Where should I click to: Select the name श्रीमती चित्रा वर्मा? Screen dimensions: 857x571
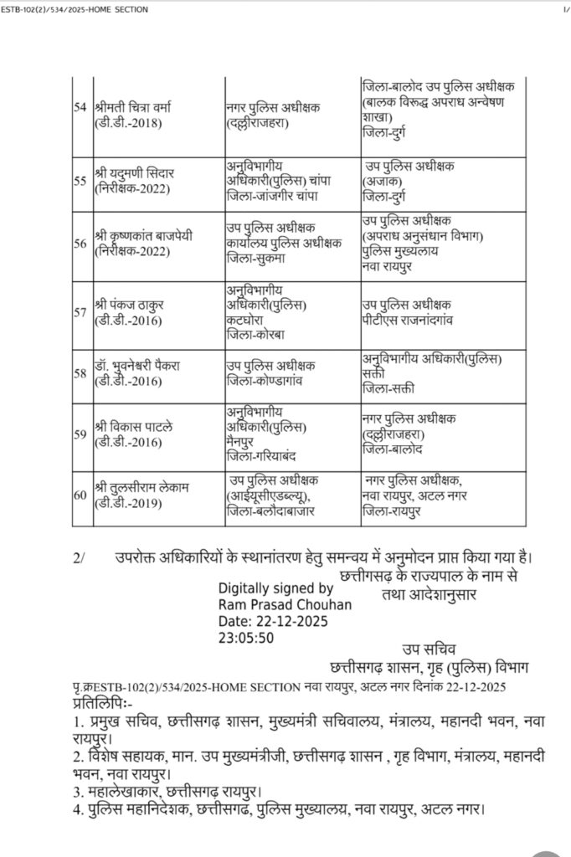(x=133, y=108)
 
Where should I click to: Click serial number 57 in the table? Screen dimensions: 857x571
(x=80, y=312)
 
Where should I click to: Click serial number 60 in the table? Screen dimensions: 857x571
(x=80, y=495)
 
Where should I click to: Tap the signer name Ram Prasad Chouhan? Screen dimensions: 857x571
(x=285, y=604)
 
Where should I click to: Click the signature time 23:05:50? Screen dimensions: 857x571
(x=244, y=637)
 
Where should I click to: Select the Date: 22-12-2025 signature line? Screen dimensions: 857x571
(x=273, y=621)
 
